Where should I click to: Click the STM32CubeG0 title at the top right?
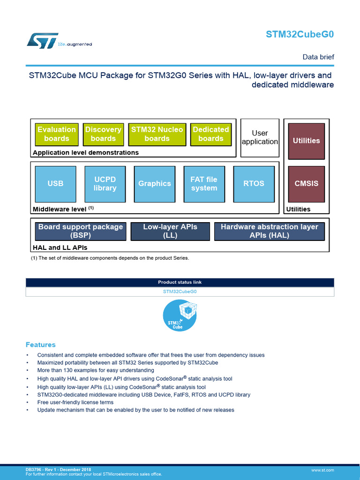300,34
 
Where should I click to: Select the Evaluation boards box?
57,134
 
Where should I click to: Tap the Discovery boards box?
103,134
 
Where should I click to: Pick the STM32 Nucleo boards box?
157,134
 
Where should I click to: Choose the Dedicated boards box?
211,134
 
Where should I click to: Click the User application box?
260,137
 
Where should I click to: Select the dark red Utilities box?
306,141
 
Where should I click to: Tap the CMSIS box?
306,184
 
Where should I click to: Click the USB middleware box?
55,184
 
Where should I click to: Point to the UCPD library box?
105,184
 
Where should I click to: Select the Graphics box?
155,184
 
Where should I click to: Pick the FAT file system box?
204,184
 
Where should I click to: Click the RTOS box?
254,184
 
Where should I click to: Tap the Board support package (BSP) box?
81,231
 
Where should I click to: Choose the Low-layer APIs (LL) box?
170,231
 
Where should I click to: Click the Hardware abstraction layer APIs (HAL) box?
270,231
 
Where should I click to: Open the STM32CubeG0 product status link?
180,292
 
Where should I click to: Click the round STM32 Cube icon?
180,316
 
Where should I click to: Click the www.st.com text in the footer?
322,470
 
